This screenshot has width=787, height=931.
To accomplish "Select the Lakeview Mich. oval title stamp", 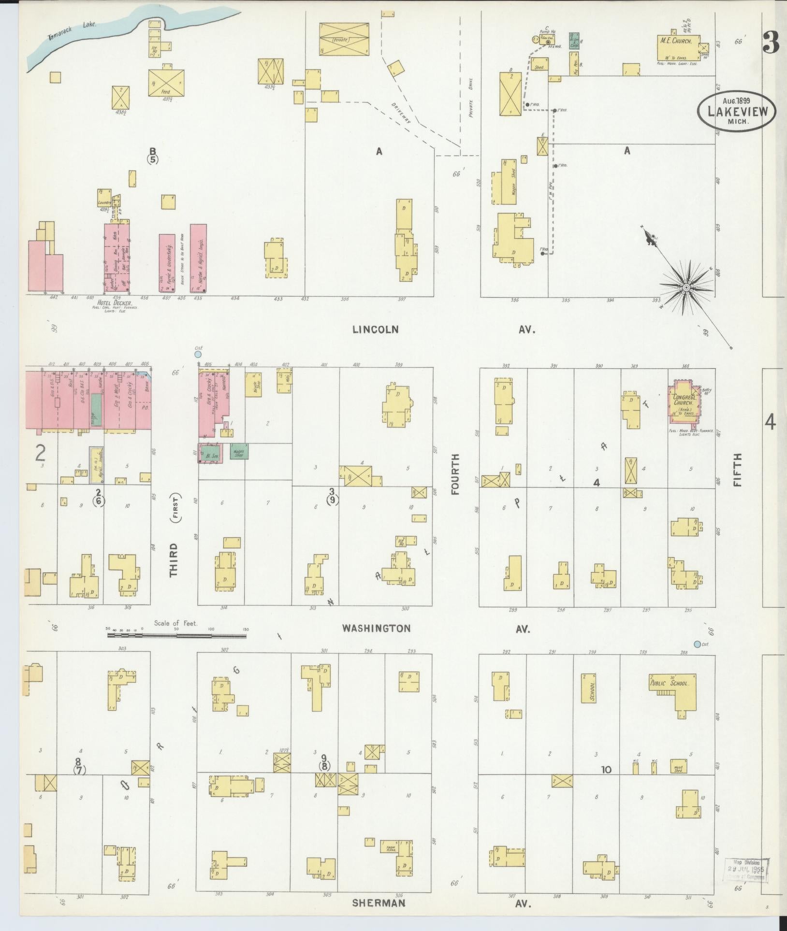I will [x=736, y=111].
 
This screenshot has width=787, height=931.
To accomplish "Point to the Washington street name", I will [x=376, y=629].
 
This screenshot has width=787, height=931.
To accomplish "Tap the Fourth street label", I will [x=454, y=474].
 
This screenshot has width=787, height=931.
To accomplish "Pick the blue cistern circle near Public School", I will [x=697, y=644].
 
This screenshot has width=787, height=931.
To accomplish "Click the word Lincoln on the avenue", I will [x=375, y=329].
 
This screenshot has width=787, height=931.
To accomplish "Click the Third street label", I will [x=174, y=560].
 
